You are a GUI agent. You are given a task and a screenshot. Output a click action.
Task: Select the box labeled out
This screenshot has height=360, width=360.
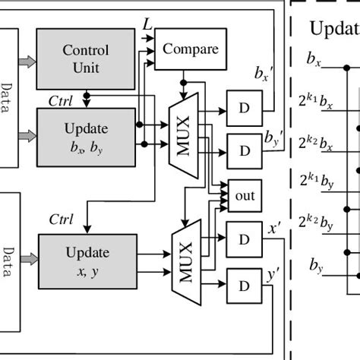point(243,195)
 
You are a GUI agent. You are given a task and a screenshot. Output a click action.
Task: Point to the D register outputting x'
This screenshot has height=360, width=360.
point(243,238)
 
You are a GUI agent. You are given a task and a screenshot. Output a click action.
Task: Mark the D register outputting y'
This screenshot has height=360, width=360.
point(243,286)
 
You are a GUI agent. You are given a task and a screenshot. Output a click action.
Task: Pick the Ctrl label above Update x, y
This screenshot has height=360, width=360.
point(61,220)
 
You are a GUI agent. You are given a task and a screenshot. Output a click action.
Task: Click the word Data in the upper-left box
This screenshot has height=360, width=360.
point(6,99)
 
